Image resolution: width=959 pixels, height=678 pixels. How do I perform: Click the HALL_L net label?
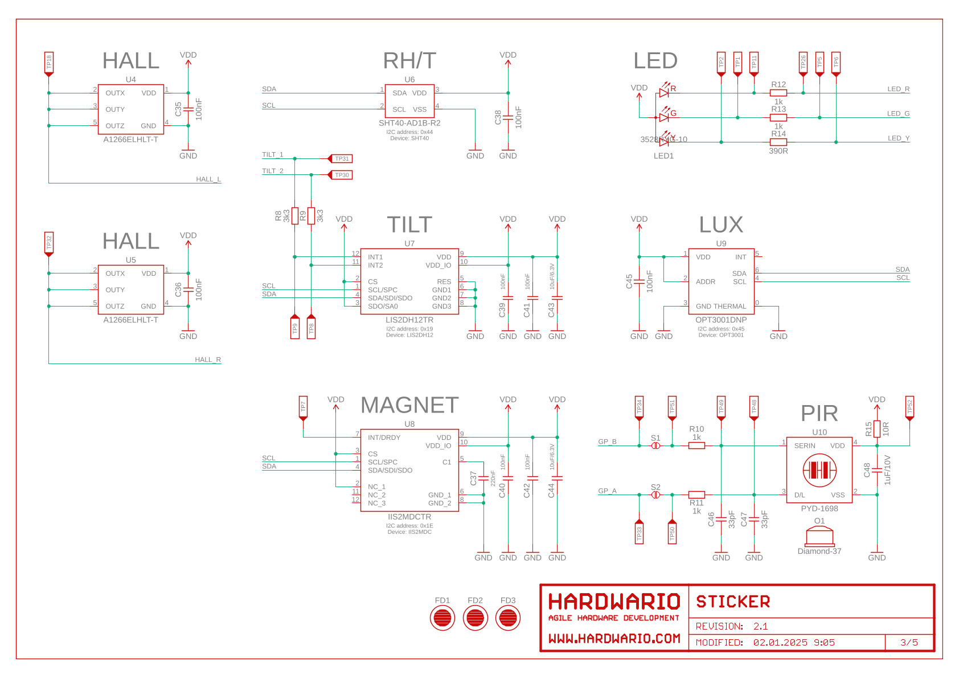click(208, 179)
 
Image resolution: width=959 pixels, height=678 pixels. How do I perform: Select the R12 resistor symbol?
click(778, 93)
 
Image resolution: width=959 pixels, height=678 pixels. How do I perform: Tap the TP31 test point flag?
click(341, 159)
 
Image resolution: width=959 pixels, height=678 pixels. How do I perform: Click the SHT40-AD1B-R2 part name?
click(409, 123)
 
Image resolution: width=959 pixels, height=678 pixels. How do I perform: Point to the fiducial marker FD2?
click(475, 618)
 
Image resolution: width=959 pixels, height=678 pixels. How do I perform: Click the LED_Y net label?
click(898, 138)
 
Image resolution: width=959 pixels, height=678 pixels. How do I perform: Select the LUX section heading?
click(720, 225)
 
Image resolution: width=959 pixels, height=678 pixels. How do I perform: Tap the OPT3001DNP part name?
click(720, 320)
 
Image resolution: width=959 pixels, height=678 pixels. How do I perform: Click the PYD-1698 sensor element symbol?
click(819, 471)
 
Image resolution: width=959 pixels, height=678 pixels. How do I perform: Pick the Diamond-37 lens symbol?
click(819, 536)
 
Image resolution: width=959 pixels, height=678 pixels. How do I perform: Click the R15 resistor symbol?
click(877, 428)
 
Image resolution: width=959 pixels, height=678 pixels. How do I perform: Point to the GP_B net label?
click(607, 442)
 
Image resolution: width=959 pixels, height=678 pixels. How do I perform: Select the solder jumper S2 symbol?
click(655, 495)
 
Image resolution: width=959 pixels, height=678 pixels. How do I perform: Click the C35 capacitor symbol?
click(188, 109)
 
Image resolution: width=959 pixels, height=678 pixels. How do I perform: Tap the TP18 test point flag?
click(49, 64)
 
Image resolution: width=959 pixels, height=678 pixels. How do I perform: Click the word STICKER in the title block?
click(732, 602)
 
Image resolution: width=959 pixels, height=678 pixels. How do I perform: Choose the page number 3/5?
click(909, 643)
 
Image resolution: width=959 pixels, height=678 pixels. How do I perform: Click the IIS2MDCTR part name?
click(409, 517)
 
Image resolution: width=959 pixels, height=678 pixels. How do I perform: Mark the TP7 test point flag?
click(303, 409)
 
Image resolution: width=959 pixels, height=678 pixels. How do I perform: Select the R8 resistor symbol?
click(294, 216)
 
